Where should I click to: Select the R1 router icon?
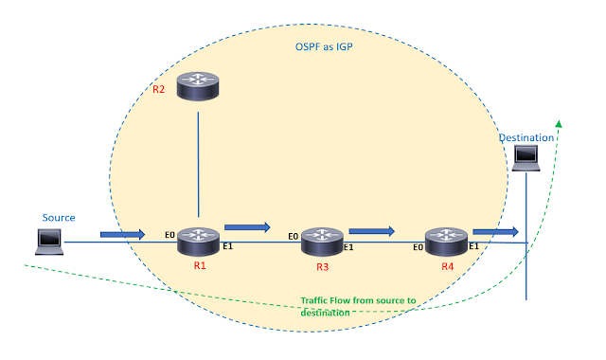tap(198, 242)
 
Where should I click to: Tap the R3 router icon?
tap(321, 243)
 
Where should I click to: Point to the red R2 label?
tap(159, 91)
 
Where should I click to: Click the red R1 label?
tap(200, 266)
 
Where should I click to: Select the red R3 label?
tap(323, 268)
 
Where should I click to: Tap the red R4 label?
tap(448, 268)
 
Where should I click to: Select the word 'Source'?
tap(58, 217)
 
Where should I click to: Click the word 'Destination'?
tap(526, 138)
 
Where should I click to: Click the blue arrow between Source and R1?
tap(122, 233)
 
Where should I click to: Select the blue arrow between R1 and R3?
tap(246, 227)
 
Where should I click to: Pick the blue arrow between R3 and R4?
tap(371, 229)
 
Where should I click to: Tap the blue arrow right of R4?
tap(495, 230)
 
